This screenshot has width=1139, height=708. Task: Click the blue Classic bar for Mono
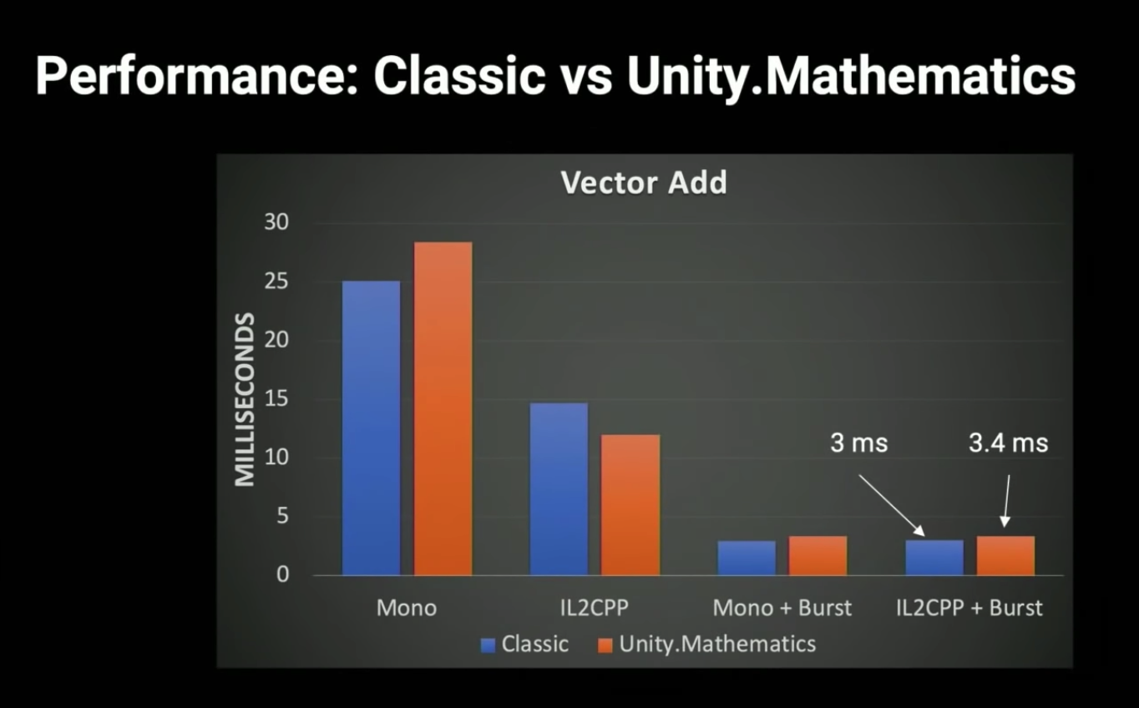(372, 428)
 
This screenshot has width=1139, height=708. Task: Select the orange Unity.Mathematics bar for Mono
(443, 408)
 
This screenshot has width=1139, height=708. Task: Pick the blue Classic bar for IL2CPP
(559, 489)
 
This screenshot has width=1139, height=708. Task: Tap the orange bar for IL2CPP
(630, 504)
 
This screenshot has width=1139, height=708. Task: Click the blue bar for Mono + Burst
(747, 558)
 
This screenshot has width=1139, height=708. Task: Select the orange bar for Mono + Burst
(818, 555)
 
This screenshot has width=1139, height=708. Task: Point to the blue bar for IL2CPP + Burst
(934, 558)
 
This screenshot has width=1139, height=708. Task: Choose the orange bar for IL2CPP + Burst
(1005, 555)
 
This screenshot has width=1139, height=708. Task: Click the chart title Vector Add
(644, 183)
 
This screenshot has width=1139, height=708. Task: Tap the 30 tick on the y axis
(276, 222)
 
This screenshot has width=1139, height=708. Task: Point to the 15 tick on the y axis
(276, 399)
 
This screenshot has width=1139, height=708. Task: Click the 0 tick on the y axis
(283, 575)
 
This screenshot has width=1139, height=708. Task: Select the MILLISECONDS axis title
(245, 399)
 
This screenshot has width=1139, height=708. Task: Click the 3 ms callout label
(858, 442)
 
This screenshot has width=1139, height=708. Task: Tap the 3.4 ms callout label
(1008, 442)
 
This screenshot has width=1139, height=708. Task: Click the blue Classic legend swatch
(488, 645)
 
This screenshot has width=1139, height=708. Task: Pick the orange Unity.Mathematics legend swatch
(605, 645)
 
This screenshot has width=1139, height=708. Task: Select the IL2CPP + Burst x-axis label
(969, 608)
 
